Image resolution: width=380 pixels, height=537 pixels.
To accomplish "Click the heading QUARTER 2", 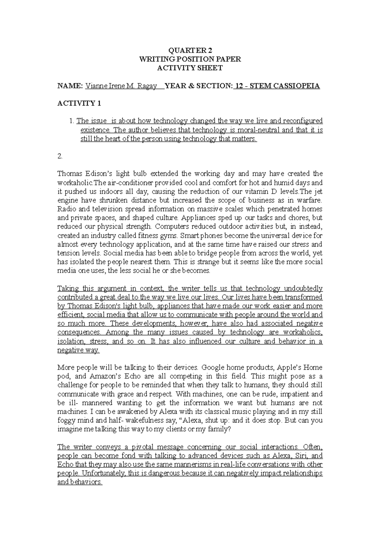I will click(190, 50).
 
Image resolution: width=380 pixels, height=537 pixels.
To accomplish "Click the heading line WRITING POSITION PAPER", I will click(190, 59).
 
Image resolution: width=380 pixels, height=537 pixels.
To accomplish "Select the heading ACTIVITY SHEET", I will click(190, 68).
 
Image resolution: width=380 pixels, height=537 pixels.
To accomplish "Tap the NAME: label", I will click(70, 86).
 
